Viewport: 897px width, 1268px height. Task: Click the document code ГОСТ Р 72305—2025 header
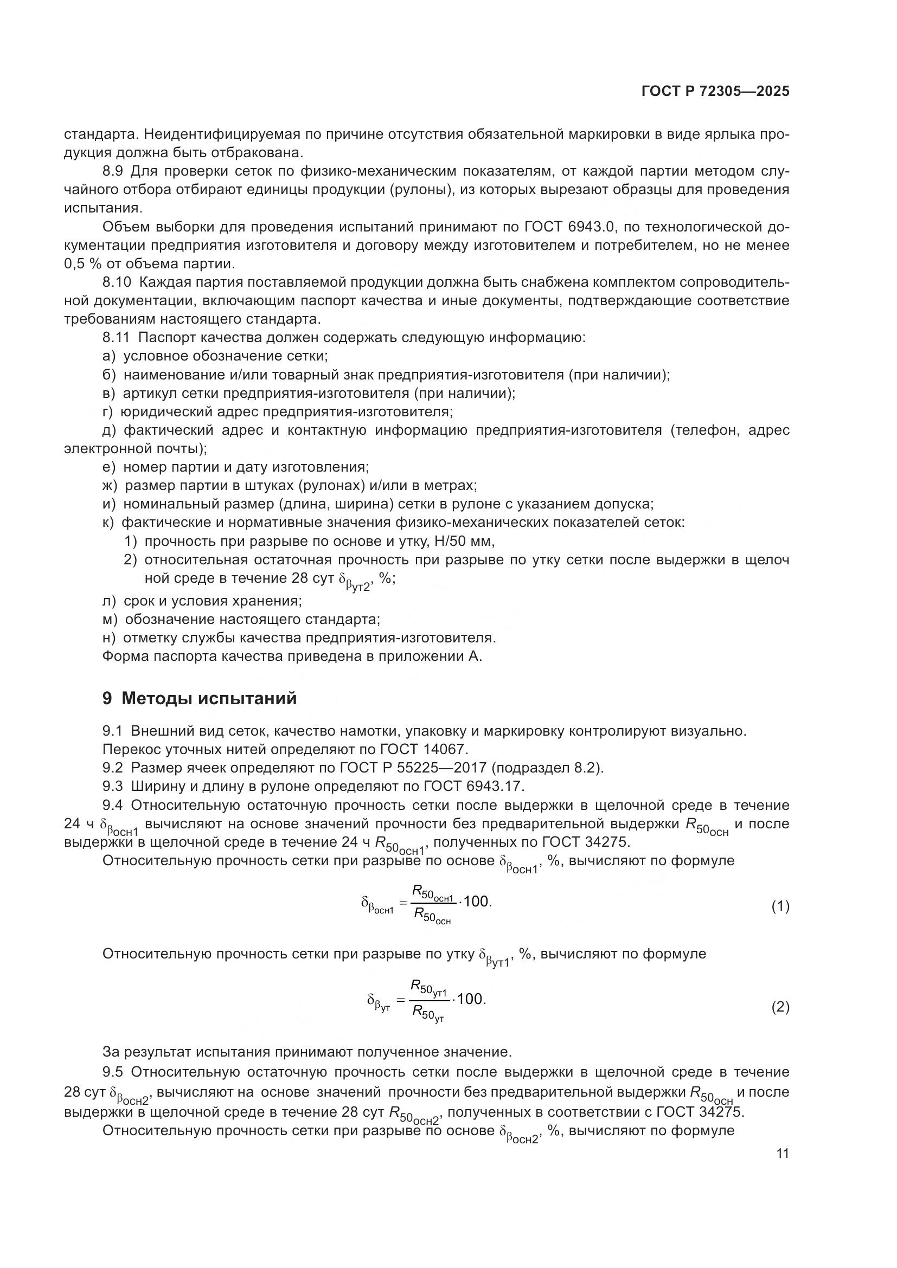[715, 92]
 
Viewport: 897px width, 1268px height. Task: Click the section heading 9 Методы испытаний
[200, 698]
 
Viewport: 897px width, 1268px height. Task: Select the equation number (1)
[780, 906]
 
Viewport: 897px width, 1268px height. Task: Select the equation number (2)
[780, 1007]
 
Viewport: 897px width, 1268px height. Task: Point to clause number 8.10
[117, 282]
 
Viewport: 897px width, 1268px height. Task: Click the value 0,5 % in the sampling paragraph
[82, 264]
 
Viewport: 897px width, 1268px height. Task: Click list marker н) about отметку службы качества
[109, 638]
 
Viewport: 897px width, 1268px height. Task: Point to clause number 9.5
[113, 1072]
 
